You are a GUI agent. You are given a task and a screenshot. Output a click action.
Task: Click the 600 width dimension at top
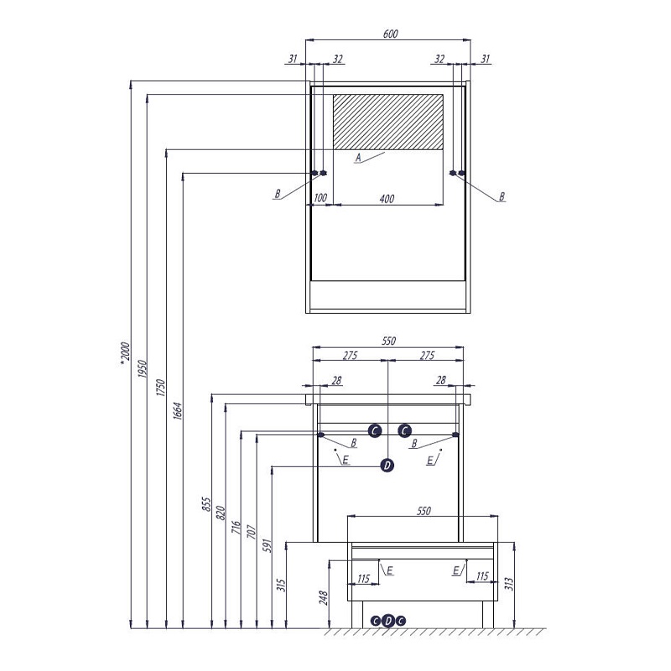pos(390,34)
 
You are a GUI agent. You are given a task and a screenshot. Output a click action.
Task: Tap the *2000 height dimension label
pos(124,354)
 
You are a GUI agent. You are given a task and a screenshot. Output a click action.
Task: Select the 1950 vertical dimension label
pos(142,369)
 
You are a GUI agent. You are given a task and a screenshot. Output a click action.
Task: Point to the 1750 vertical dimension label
pos(160,388)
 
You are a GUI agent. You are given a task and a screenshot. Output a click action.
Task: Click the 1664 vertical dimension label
pos(178,411)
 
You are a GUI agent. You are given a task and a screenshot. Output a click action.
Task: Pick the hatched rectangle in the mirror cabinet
pos(388,122)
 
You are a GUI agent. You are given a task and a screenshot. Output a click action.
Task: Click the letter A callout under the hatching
pos(359,158)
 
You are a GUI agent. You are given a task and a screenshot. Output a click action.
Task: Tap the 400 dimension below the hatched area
pos(387,199)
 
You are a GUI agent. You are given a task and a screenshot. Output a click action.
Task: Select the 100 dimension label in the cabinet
pos(320,198)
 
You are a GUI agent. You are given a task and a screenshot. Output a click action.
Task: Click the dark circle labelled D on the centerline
pos(387,466)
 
